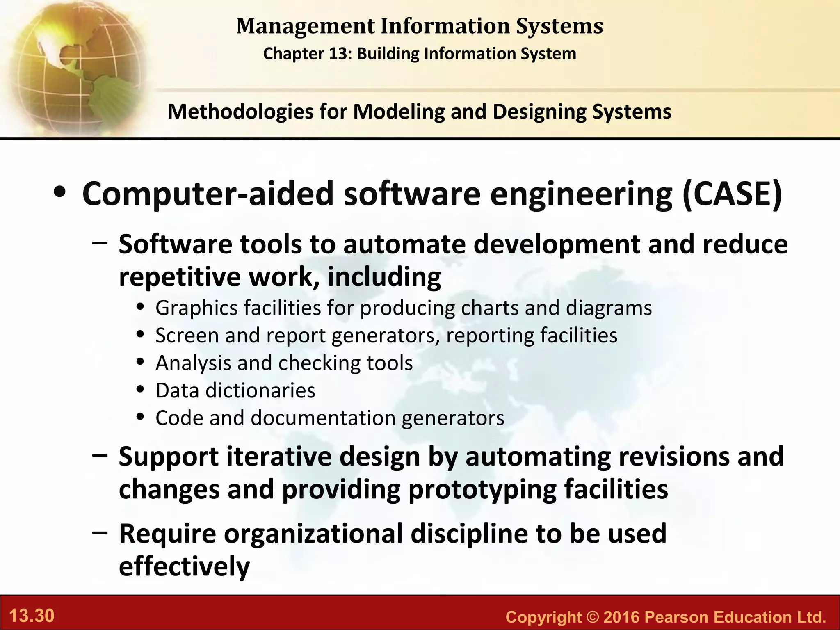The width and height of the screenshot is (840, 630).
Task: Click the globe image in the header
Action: tap(74, 66)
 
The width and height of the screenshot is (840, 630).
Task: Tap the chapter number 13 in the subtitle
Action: tap(339, 54)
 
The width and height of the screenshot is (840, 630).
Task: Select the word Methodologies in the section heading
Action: tap(240, 112)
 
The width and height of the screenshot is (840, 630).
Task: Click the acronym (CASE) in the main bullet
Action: tap(733, 194)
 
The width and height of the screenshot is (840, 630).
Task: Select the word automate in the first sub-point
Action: tap(404, 244)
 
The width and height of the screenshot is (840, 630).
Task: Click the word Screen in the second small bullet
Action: tap(186, 336)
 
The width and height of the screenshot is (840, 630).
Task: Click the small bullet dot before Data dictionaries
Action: tap(141, 389)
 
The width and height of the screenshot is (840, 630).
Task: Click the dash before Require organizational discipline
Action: tap(100, 532)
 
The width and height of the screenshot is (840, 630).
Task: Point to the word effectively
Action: tap(184, 567)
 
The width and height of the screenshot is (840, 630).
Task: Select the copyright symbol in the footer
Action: tap(592, 617)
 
